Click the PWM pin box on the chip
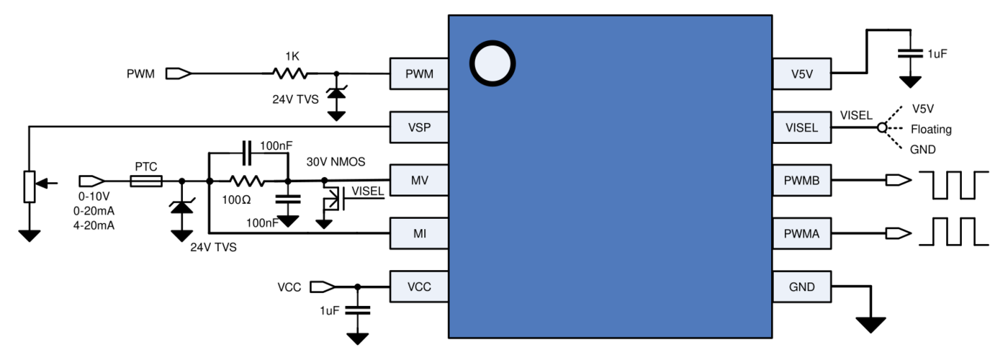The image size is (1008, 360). pyautogui.click(x=419, y=73)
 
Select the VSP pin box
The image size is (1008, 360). pyautogui.click(x=419, y=127)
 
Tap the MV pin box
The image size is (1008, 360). pyautogui.click(x=419, y=181)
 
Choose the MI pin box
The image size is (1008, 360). pyautogui.click(x=419, y=233)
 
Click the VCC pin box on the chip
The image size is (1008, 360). pyautogui.click(x=419, y=287)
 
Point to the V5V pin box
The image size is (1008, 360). pyautogui.click(x=802, y=73)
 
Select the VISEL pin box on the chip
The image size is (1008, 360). pyautogui.click(x=802, y=127)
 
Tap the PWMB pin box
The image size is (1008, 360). pyautogui.click(x=802, y=181)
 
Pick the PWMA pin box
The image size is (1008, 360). pyautogui.click(x=802, y=233)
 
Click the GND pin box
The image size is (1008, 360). pyautogui.click(x=802, y=287)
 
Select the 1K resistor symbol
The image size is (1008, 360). pyautogui.click(x=290, y=73)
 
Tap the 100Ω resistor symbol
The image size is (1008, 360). pyautogui.click(x=246, y=181)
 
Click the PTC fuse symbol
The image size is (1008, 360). pyautogui.click(x=145, y=181)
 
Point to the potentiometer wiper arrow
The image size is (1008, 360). pyautogui.click(x=46, y=183)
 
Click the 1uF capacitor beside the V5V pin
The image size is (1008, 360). pyautogui.click(x=910, y=53)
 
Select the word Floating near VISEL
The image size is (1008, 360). pyautogui.click(x=931, y=130)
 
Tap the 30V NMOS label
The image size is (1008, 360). pyautogui.click(x=336, y=162)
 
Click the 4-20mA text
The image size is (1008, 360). pyautogui.click(x=94, y=225)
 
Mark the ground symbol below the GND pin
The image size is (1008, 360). pyautogui.click(x=870, y=325)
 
